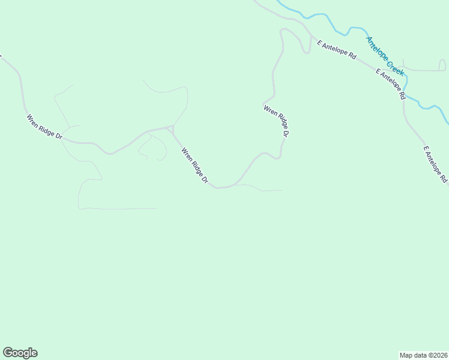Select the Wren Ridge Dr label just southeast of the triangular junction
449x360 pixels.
pyautogui.click(x=196, y=166)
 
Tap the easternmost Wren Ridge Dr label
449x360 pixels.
pyautogui.click(x=277, y=122)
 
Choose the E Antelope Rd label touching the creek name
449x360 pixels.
pyautogui.click(x=390, y=83)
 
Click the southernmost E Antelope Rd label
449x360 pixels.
pyautogui.click(x=436, y=164)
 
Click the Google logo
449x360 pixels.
pyautogui.click(x=20, y=353)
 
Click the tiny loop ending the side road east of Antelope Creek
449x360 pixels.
pyautogui.click(x=442, y=65)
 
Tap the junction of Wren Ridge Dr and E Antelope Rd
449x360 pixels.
pyautogui.click(x=310, y=37)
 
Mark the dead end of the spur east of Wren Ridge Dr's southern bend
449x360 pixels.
pyautogui.click(x=282, y=191)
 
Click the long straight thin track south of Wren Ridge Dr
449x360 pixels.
pyautogui.click(x=120, y=209)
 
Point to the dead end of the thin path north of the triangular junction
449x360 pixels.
pyautogui.click(x=143, y=80)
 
